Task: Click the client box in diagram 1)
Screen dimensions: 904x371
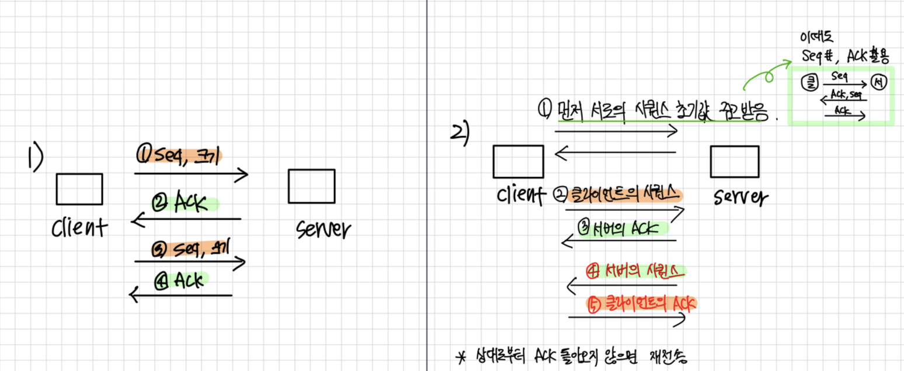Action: (x=79, y=189)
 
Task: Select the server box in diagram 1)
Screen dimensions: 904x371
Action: (x=311, y=186)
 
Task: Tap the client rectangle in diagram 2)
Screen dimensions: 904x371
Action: (x=519, y=161)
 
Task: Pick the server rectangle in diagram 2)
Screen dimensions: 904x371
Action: (x=735, y=161)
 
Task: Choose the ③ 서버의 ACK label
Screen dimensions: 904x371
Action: (x=623, y=228)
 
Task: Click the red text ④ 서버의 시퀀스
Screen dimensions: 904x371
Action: (x=634, y=271)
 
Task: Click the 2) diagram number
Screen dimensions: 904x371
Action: (x=460, y=134)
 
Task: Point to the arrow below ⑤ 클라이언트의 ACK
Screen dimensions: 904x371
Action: (x=626, y=318)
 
